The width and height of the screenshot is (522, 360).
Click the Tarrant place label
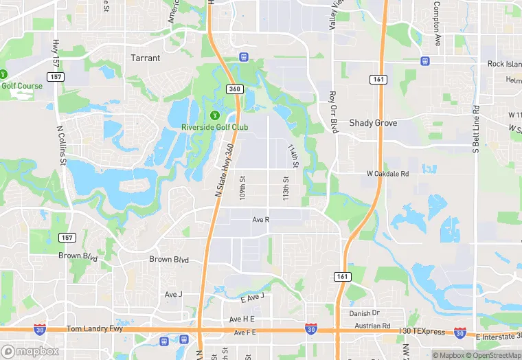tap(146, 58)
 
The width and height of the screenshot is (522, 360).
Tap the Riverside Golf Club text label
tap(214, 127)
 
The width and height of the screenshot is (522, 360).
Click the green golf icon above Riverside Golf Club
tap(214, 115)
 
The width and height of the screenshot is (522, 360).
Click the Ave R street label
tap(261, 220)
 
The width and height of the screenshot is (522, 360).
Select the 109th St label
tap(242, 187)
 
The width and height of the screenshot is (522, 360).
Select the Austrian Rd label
tap(377, 326)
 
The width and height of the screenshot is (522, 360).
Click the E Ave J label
tap(252, 297)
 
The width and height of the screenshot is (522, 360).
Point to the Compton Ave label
tap(436, 23)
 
